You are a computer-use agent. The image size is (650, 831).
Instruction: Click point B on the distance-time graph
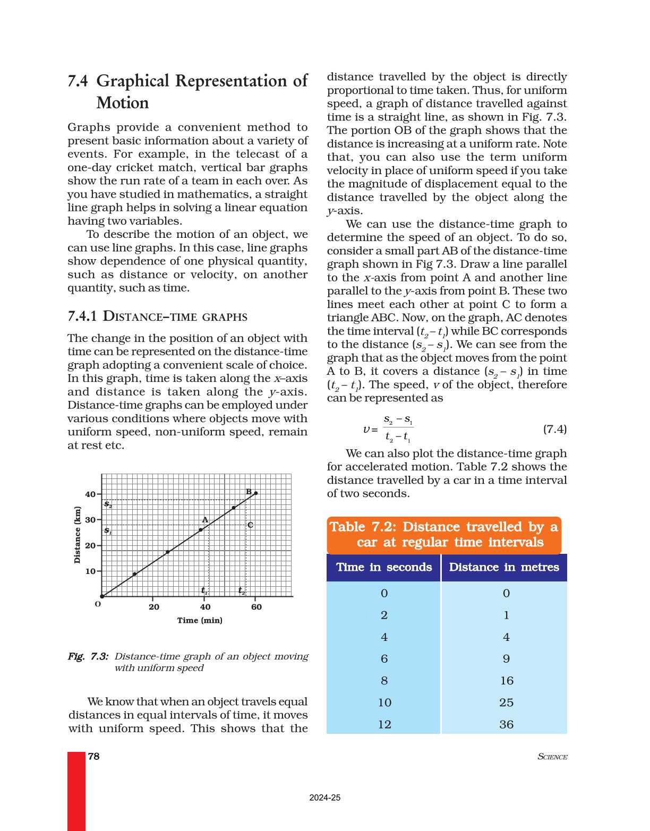(256, 493)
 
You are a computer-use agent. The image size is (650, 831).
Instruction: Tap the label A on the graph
(205, 520)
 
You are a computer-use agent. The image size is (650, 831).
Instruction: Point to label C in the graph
(250, 525)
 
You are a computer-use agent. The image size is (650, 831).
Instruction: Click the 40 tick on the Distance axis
(90, 494)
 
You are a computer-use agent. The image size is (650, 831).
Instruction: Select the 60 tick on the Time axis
(256, 607)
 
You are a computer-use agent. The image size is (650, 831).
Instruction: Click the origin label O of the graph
(98, 604)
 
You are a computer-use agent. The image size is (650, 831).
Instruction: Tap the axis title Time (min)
(200, 620)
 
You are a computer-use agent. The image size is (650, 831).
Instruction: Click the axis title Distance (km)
(78, 535)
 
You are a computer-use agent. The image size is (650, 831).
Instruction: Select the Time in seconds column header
(384, 567)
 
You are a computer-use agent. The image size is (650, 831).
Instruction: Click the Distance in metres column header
(504, 567)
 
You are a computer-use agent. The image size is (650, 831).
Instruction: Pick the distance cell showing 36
(506, 724)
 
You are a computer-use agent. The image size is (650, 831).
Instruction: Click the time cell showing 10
(384, 703)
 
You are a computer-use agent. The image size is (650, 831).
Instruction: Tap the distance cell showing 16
(507, 681)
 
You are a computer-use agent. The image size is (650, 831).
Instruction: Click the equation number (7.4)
(554, 429)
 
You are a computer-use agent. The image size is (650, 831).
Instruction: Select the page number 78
(94, 756)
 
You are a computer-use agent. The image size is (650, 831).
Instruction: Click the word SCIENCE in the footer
(552, 757)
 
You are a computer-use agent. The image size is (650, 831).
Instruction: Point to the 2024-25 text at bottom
(325, 798)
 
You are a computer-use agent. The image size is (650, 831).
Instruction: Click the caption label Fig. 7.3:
(88, 656)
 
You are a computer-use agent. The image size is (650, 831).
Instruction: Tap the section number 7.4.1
(82, 316)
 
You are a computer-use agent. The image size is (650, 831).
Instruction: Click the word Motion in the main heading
(123, 102)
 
